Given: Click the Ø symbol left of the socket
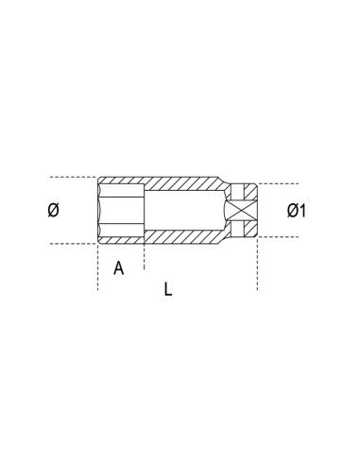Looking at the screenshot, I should [54, 211].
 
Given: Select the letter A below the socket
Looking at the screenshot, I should [119, 267].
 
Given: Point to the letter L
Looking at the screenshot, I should [167, 290].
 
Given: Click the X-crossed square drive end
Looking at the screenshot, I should [243, 211].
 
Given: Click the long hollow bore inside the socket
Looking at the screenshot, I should [184, 210].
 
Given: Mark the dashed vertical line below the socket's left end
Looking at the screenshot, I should [98, 269].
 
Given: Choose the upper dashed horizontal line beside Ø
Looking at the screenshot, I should [71, 177].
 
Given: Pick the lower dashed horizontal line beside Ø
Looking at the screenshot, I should [71, 244].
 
